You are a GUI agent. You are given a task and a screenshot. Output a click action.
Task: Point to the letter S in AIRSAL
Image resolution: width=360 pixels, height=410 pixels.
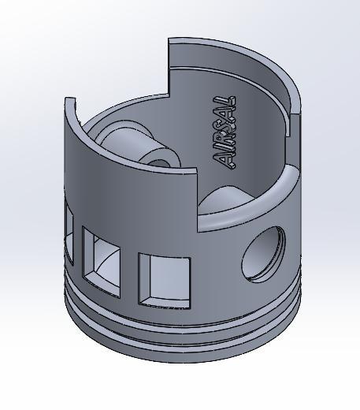225,126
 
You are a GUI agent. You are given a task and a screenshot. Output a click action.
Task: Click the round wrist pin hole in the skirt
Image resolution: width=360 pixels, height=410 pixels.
263,254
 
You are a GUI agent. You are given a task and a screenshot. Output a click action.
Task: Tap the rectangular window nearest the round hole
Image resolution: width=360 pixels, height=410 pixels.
165,278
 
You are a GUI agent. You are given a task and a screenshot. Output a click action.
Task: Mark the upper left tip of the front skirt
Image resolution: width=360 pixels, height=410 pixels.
69,101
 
